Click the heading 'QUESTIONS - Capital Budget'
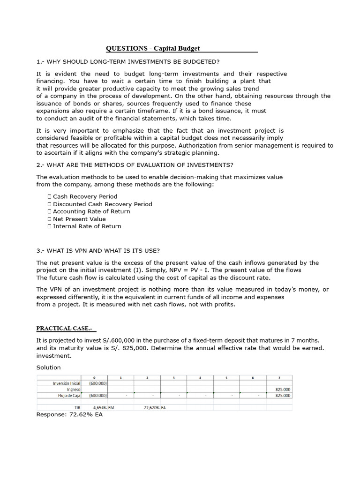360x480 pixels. [153, 48]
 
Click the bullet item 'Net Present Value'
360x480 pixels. [79, 219]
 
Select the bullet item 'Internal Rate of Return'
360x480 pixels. [87, 226]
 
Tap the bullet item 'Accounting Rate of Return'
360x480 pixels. [91, 211]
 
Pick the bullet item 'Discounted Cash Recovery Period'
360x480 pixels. [102, 204]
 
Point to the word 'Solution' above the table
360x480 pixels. [48, 367]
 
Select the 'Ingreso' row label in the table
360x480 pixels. [74, 389]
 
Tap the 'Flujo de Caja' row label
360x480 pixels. [68, 395]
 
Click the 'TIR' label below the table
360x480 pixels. [77, 408]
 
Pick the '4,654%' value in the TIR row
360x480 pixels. [100, 408]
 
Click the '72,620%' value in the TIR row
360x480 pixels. [152, 408]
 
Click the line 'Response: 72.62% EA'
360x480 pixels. [69, 415]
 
